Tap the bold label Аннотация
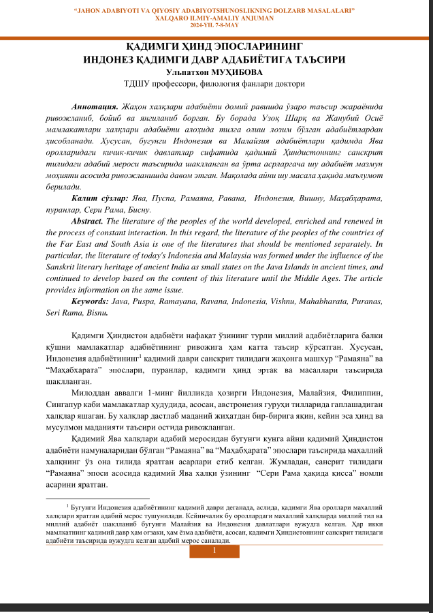coord(95,108)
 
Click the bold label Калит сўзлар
coord(99,198)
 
